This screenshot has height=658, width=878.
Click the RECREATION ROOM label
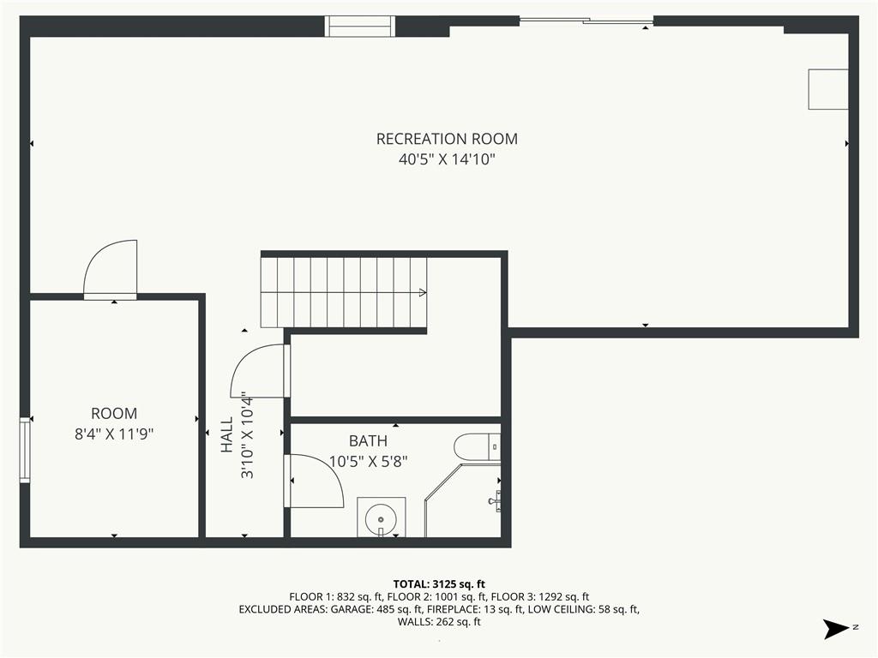point(447,139)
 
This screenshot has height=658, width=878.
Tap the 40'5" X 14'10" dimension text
point(447,159)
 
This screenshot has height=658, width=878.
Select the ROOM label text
point(114,414)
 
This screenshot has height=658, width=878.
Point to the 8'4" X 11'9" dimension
point(114,434)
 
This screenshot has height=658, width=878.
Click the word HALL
point(226,434)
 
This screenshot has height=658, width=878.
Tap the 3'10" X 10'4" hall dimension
point(247,434)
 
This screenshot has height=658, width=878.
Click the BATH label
point(368,441)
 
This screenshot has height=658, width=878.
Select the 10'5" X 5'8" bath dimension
point(368,462)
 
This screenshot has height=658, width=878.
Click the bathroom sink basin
point(381,517)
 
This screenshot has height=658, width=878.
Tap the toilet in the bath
point(477,447)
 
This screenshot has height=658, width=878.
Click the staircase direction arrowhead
point(423,293)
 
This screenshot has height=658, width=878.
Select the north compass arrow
point(835,629)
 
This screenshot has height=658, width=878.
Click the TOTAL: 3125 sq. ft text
point(439,584)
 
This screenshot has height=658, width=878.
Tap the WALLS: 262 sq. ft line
point(439,622)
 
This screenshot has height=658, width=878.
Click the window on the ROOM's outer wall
point(25,450)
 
